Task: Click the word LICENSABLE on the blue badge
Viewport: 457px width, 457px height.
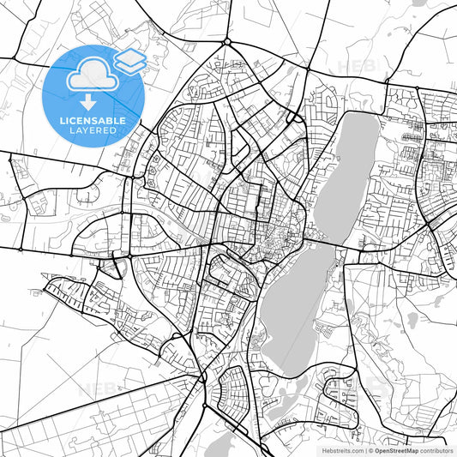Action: (x=93, y=121)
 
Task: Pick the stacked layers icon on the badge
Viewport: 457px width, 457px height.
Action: (x=129, y=59)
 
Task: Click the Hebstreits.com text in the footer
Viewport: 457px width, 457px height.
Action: (x=340, y=449)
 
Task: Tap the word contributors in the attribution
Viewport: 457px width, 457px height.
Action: (x=436, y=449)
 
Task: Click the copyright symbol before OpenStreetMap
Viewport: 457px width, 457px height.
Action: (x=371, y=449)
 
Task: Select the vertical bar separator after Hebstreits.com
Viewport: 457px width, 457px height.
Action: (x=364, y=449)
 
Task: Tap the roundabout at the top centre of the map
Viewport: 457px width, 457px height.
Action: (x=227, y=41)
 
